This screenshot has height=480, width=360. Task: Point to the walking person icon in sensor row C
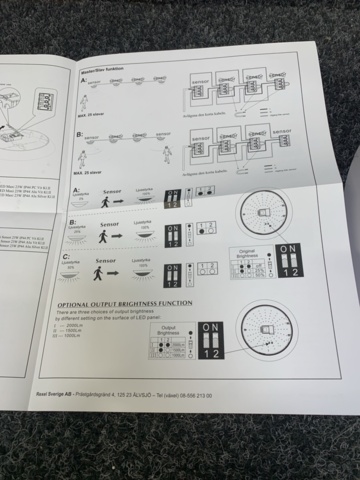(x=100, y=272)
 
